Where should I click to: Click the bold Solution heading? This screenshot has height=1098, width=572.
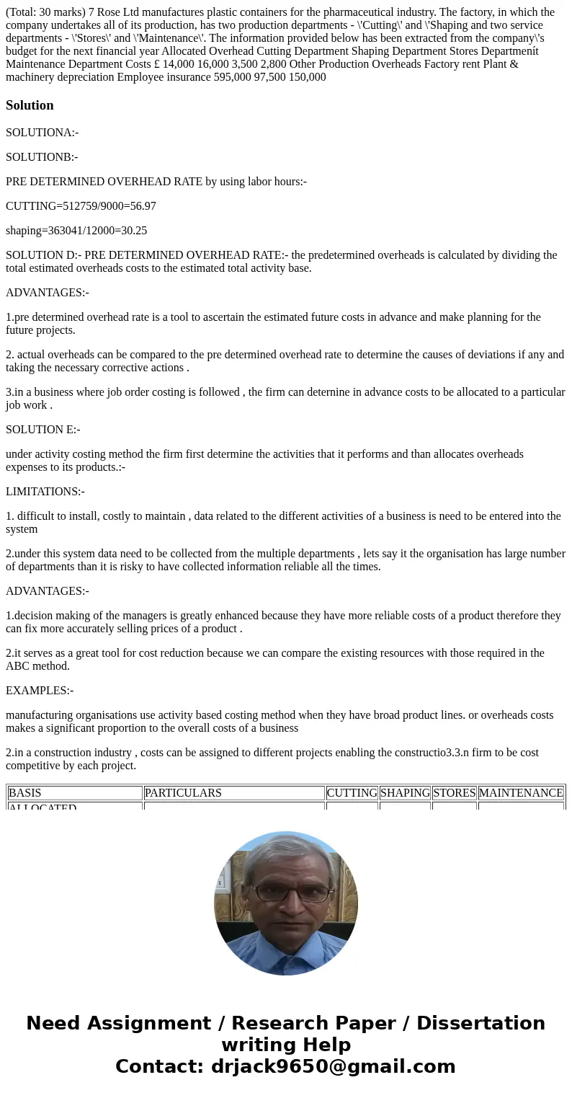click(x=30, y=105)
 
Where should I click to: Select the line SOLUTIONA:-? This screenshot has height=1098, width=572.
click(x=42, y=133)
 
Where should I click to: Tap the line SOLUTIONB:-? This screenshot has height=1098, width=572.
click(x=42, y=157)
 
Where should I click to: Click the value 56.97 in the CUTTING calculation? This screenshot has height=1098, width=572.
click(x=143, y=206)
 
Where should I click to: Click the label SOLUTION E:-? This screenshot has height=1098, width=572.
click(x=43, y=430)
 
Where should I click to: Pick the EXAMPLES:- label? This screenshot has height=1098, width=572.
click(x=40, y=691)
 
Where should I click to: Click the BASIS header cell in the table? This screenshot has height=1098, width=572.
click(x=25, y=793)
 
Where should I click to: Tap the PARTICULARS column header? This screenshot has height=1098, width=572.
click(x=183, y=793)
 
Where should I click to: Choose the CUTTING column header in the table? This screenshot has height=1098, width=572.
click(x=352, y=793)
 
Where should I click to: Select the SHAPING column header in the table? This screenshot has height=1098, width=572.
click(x=405, y=793)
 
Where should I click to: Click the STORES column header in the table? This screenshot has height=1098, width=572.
click(x=454, y=793)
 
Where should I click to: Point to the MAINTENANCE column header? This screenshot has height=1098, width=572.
click(x=521, y=793)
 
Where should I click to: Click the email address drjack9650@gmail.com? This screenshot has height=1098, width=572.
click(x=333, y=1067)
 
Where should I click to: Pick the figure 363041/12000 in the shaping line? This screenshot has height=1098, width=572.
click(x=79, y=231)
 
